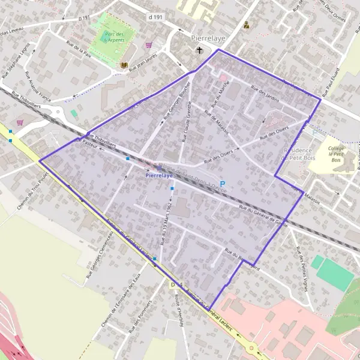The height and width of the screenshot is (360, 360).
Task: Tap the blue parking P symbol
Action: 223,184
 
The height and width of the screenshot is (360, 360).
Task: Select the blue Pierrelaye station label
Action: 159,177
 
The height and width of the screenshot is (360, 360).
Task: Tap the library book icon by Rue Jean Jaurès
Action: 124,65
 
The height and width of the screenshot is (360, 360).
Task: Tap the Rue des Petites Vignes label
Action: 301,270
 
